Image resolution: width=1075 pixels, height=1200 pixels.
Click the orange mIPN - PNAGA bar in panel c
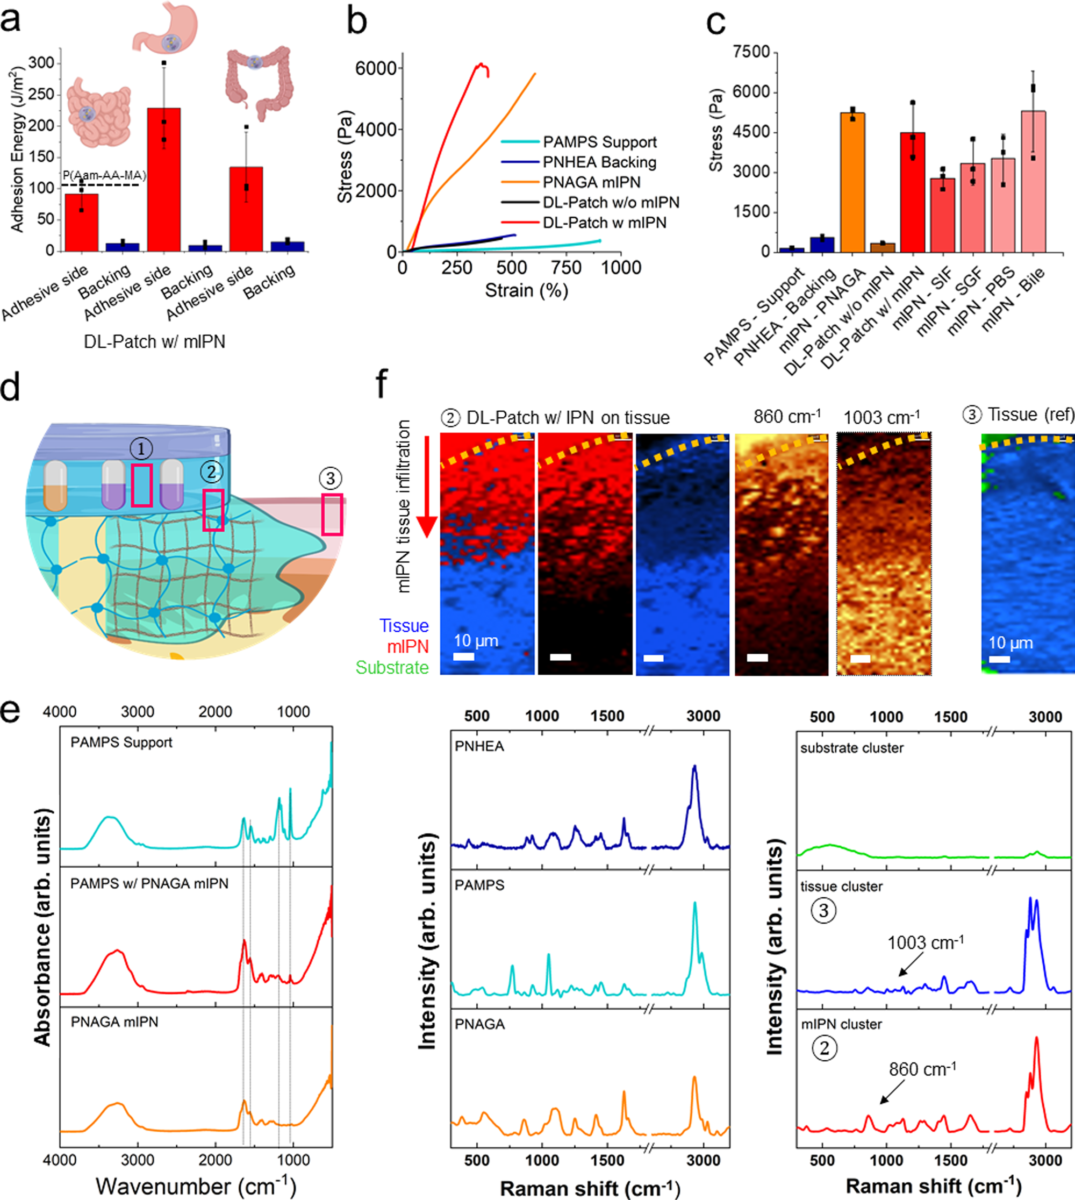(852, 183)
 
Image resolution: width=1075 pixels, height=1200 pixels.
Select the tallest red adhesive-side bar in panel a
(163, 180)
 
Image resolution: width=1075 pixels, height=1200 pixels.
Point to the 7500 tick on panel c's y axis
(751, 52)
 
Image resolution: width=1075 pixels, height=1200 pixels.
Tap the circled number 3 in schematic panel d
(330, 478)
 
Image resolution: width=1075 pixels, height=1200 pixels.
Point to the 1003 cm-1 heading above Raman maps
(880, 418)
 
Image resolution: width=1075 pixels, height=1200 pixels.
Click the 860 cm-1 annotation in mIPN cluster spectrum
(922, 1069)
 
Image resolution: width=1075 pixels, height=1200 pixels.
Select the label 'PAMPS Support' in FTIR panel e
(121, 742)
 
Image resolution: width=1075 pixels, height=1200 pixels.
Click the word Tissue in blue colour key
(404, 626)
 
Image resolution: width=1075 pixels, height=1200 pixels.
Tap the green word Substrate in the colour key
(392, 668)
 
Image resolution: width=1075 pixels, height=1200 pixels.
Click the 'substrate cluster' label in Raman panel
(851, 748)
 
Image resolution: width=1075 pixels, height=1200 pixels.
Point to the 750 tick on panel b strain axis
(566, 268)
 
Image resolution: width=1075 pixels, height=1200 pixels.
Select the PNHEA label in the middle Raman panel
(479, 746)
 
